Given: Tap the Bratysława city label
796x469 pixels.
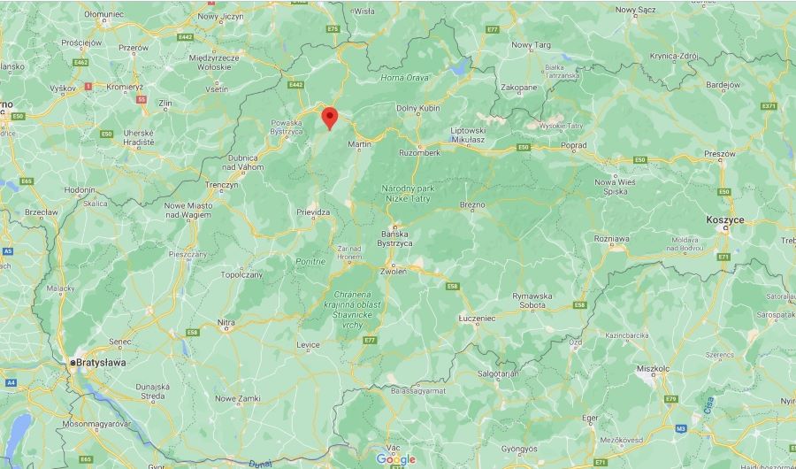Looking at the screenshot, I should (x=103, y=363).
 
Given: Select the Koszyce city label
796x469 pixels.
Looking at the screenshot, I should (x=724, y=219).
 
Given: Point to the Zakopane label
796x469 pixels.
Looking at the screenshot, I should (x=519, y=88).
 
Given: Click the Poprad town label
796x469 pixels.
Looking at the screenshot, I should (x=574, y=145).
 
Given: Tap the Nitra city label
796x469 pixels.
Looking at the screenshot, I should (x=226, y=322).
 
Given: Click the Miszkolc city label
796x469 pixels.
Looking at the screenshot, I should (x=654, y=367).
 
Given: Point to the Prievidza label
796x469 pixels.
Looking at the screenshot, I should (x=313, y=212).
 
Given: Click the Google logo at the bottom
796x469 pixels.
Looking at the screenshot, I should (x=395, y=458).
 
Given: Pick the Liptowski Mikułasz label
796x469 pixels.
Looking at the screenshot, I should (x=463, y=135).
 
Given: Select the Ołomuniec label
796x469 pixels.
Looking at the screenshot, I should (x=104, y=15).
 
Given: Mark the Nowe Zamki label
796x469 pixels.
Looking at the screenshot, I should (x=238, y=398).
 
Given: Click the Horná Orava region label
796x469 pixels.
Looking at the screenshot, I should (x=403, y=78).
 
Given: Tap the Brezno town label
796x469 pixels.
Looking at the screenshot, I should (x=473, y=205).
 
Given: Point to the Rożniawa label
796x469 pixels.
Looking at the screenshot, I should (x=612, y=237).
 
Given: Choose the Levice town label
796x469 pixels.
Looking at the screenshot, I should (x=309, y=344).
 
